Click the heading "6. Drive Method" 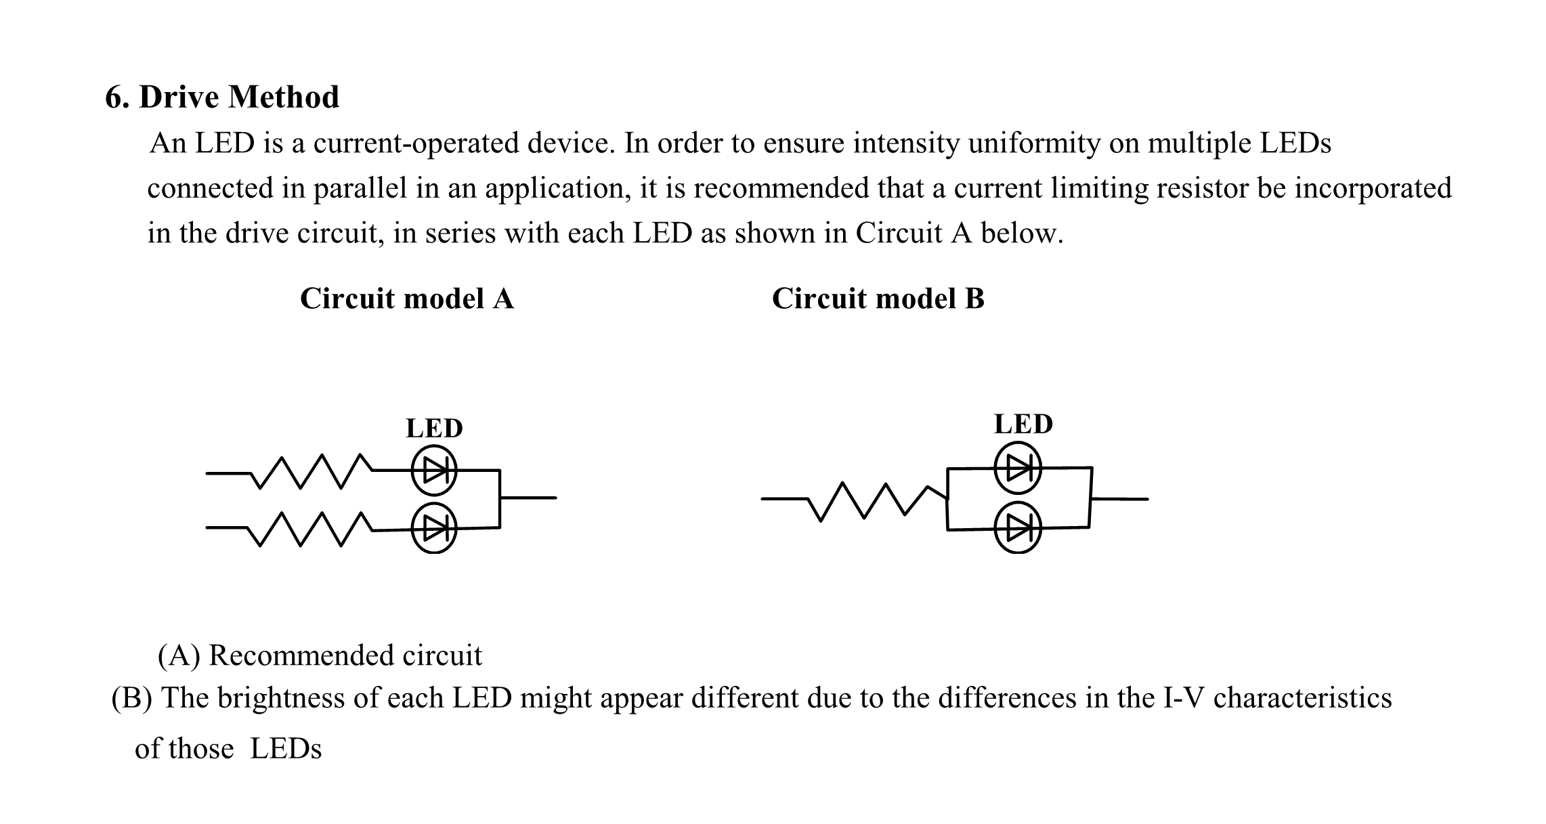pyautogui.click(x=222, y=97)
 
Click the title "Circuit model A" pyautogui.click(x=406, y=299)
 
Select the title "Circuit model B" pyautogui.click(x=878, y=299)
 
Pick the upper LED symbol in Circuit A pyautogui.click(x=434, y=470)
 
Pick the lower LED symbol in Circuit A pyautogui.click(x=434, y=528)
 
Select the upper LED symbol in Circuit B pyautogui.click(x=1017, y=467)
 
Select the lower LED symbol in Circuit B pyautogui.click(x=1017, y=527)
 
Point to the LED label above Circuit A pyautogui.click(x=434, y=429)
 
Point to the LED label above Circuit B pyautogui.click(x=1023, y=425)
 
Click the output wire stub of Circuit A pyautogui.click(x=528, y=498)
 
